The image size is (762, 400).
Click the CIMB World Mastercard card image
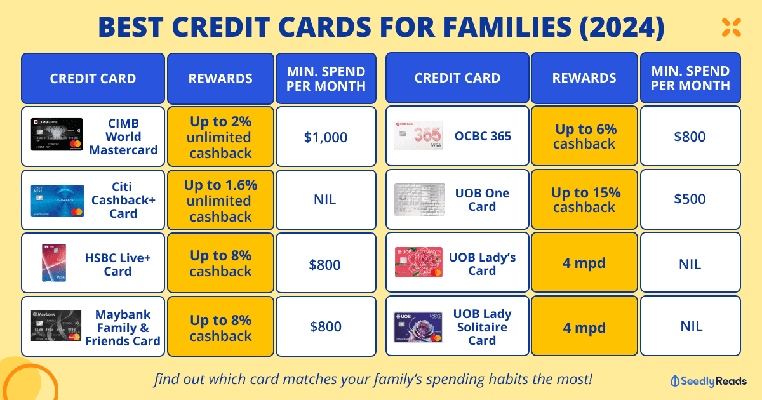point(57,135)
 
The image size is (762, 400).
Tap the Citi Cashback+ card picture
point(57,201)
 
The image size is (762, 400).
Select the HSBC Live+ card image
point(54,263)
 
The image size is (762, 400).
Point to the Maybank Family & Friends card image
point(56,326)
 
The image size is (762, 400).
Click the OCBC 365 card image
point(418,135)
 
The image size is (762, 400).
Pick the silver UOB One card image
point(420,199)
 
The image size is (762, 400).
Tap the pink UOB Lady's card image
point(418,262)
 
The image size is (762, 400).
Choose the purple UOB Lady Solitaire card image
point(418,327)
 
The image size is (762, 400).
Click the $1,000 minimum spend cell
point(326,137)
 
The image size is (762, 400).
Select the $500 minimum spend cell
point(690,199)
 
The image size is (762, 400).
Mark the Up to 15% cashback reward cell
point(584,199)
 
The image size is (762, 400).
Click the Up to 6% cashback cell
point(584,136)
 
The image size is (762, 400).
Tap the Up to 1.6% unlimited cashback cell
point(220,200)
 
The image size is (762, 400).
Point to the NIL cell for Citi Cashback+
point(326,200)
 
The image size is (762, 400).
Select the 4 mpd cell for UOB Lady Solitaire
point(584,326)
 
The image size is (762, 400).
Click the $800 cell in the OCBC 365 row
point(690,136)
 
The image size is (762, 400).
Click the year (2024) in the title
point(622,27)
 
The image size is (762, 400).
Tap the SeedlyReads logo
point(708,381)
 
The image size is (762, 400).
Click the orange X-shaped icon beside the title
point(732,27)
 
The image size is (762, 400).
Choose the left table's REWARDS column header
point(220,78)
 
